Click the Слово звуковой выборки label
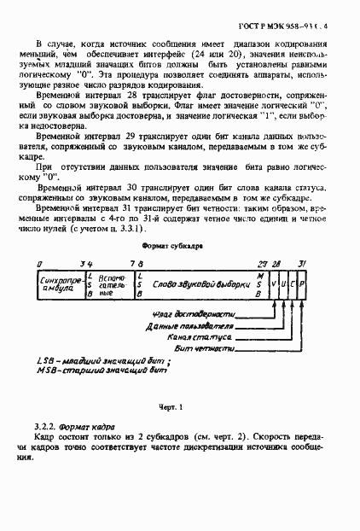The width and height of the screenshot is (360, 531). (x=202, y=283)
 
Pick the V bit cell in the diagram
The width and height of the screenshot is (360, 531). (x=272, y=283)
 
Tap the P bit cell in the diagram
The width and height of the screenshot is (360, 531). (x=302, y=283)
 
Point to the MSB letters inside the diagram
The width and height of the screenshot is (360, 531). (x=260, y=283)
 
